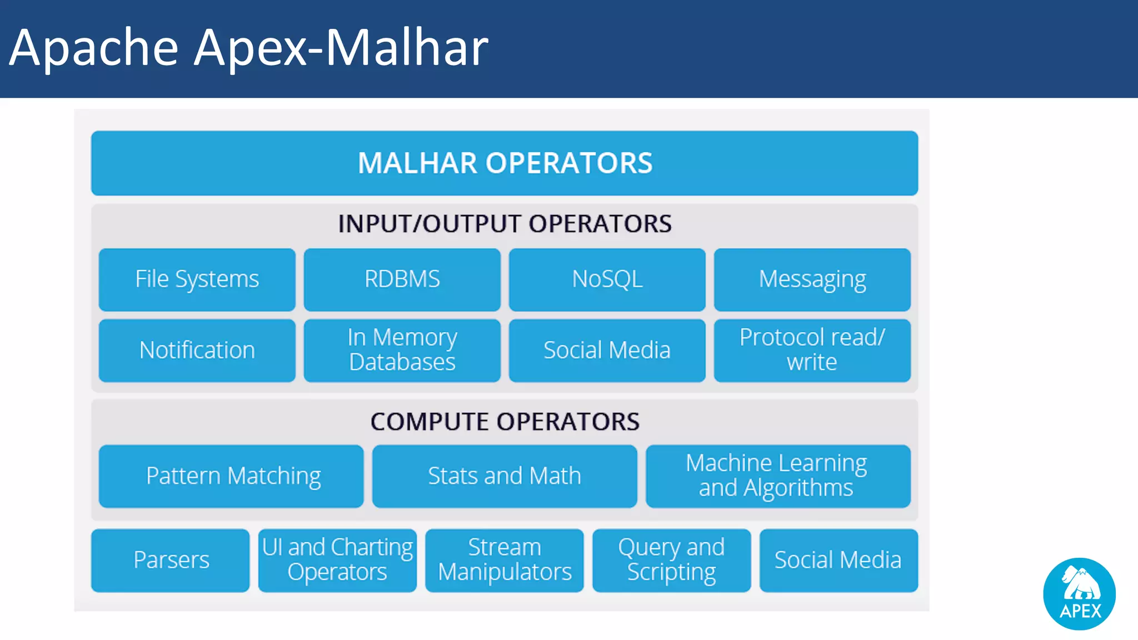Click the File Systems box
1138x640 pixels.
[x=197, y=279]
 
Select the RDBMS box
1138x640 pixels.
[x=402, y=279]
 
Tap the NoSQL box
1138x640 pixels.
[x=607, y=279]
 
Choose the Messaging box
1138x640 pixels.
[x=812, y=279]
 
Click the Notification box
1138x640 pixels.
[x=197, y=350]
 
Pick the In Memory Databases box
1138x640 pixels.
[x=402, y=350]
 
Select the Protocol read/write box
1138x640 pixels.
[x=812, y=350]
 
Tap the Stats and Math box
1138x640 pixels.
[x=505, y=476]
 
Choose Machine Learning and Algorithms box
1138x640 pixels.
[x=777, y=476]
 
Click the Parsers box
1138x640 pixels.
[x=171, y=560]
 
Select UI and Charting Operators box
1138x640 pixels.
[x=337, y=560]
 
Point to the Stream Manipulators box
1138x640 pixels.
[x=505, y=560]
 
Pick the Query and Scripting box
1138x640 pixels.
[x=671, y=560]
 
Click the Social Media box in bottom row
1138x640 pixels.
[x=838, y=560]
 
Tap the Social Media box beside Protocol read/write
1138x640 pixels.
[x=607, y=350]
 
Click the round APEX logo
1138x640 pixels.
[x=1079, y=593]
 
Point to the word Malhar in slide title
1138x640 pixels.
[x=406, y=48]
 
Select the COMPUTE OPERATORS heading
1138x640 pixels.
[x=505, y=422]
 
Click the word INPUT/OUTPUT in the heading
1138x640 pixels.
[x=431, y=224]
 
